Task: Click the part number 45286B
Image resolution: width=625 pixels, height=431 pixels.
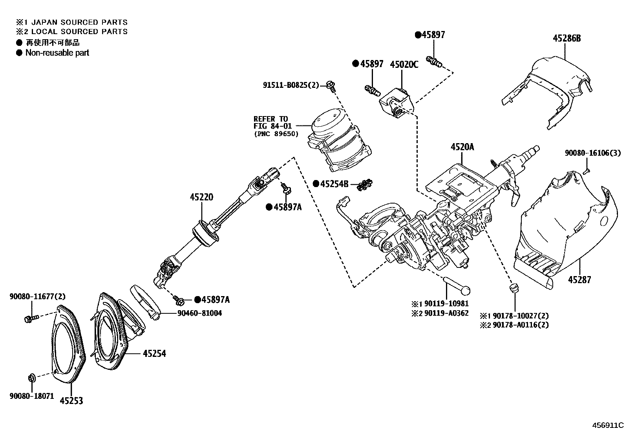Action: [x=567, y=38]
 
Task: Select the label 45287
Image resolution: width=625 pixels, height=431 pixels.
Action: [x=579, y=280]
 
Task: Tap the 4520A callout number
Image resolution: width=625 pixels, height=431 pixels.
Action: [x=462, y=147]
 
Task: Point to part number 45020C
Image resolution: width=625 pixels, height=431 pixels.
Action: [x=404, y=65]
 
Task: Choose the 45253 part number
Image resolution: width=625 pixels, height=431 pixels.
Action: [x=71, y=401]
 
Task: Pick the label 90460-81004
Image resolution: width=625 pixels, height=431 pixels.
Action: [x=199, y=313]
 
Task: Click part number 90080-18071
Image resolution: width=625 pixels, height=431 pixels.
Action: [x=31, y=396]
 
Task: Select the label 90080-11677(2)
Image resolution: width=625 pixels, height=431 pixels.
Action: [x=32, y=297]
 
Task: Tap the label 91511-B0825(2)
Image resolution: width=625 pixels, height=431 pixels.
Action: [x=291, y=85]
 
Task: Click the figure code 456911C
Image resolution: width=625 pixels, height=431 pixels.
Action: [x=608, y=425]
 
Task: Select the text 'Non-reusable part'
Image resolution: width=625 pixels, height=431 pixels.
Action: [x=57, y=53]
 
